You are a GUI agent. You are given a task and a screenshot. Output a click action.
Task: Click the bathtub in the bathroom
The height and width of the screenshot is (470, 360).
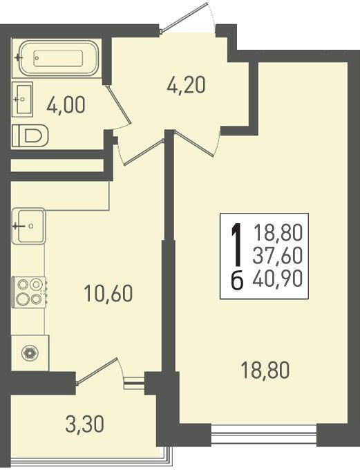59,58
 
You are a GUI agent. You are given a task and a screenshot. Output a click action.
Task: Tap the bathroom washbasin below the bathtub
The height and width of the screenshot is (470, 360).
23,99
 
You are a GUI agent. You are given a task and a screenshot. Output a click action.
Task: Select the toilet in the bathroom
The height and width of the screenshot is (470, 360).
30,135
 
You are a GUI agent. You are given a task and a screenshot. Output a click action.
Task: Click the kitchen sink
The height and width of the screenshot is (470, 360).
29,226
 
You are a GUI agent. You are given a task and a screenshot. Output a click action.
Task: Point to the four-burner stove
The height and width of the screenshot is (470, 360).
29,292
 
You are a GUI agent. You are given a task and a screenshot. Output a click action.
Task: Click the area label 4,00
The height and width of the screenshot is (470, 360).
66,105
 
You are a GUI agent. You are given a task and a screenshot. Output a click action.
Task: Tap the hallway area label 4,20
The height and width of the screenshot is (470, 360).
186,85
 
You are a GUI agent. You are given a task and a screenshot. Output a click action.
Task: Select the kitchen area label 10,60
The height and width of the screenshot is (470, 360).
108,293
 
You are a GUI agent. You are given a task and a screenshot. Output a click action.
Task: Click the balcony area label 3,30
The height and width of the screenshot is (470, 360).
85,424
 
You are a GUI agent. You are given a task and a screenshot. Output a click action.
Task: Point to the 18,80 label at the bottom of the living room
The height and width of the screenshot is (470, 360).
265,370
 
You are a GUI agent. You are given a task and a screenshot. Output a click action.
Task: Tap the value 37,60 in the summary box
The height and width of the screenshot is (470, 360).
278,256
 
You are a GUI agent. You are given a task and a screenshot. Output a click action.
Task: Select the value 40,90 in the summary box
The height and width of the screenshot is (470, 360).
278,279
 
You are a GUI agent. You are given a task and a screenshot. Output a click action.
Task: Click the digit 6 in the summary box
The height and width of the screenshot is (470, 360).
237,281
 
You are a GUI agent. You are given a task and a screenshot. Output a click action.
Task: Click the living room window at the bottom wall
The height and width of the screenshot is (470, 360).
264,434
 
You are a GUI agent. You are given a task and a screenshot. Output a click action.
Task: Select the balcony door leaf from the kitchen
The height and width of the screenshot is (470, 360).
97,371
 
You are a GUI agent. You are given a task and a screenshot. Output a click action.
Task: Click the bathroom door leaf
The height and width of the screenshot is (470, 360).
119,104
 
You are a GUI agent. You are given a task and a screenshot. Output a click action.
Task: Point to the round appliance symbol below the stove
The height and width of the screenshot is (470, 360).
30,353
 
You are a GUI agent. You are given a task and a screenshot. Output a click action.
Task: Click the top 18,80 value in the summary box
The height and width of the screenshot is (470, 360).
278,233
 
